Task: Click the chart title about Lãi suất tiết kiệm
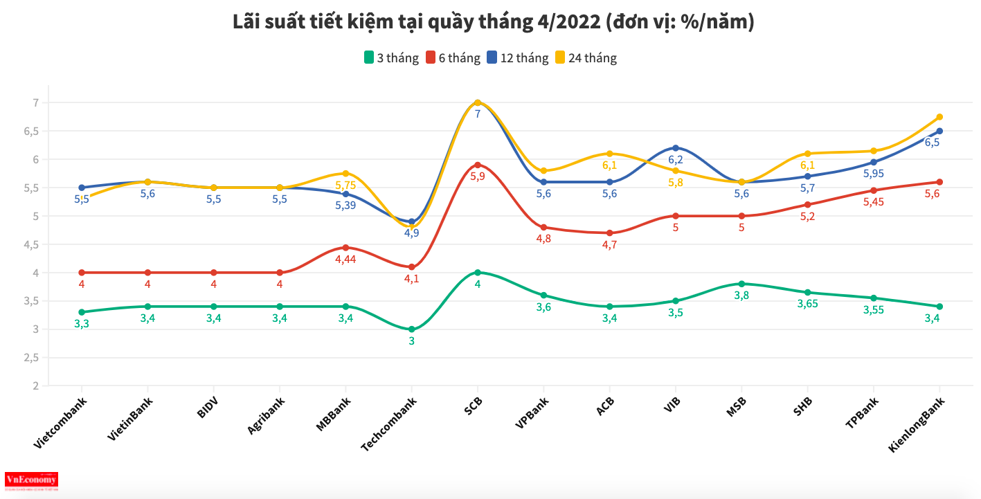click(x=493, y=22)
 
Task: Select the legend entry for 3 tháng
click(x=392, y=58)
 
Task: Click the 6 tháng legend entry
click(x=453, y=58)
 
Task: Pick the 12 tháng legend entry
click(x=518, y=58)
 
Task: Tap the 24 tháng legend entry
click(x=586, y=58)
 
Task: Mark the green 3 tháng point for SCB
click(x=478, y=273)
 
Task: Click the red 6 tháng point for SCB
click(x=478, y=165)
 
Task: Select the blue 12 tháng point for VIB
click(x=676, y=147)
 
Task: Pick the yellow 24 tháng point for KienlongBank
click(x=939, y=117)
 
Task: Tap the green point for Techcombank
click(x=412, y=329)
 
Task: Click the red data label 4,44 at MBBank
click(x=345, y=260)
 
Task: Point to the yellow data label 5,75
click(x=345, y=185)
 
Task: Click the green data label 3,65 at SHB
click(x=808, y=304)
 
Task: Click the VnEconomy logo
click(x=31, y=480)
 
